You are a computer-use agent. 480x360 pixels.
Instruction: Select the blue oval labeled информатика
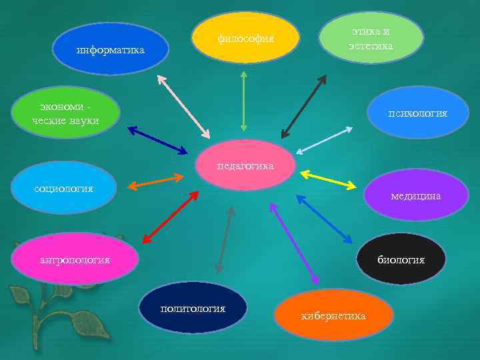pos(110,49)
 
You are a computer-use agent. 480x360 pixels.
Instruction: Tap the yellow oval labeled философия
pos(245,38)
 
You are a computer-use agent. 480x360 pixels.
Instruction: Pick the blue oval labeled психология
pos(418,113)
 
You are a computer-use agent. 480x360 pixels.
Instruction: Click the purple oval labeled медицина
pos(417,195)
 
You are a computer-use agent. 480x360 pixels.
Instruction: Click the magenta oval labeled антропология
pos(75,259)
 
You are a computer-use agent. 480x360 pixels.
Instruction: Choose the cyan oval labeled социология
pos(64,189)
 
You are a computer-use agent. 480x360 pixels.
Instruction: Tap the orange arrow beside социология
pos(155,181)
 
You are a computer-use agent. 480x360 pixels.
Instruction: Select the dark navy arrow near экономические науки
pos(158,140)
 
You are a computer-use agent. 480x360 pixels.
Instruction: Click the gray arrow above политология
pos(225,239)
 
